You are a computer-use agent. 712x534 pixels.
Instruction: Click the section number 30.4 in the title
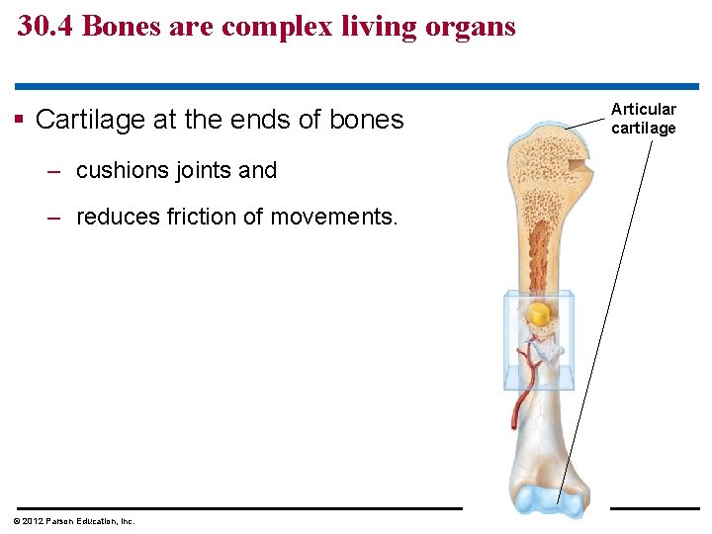pyautogui.click(x=45, y=27)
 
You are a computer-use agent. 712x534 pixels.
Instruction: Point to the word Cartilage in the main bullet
pyautogui.click(x=93, y=120)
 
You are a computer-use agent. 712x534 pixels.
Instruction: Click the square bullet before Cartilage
pyautogui.click(x=20, y=121)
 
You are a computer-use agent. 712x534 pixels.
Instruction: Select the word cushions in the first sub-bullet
pyautogui.click(x=124, y=170)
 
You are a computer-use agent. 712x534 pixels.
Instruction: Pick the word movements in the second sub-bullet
pyautogui.click(x=333, y=217)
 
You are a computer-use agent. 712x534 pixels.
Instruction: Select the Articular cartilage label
pyautogui.click(x=643, y=119)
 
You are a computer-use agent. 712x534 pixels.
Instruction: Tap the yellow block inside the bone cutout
pyautogui.click(x=539, y=315)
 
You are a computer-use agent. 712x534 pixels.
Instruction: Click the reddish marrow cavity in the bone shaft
pyautogui.click(x=540, y=257)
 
